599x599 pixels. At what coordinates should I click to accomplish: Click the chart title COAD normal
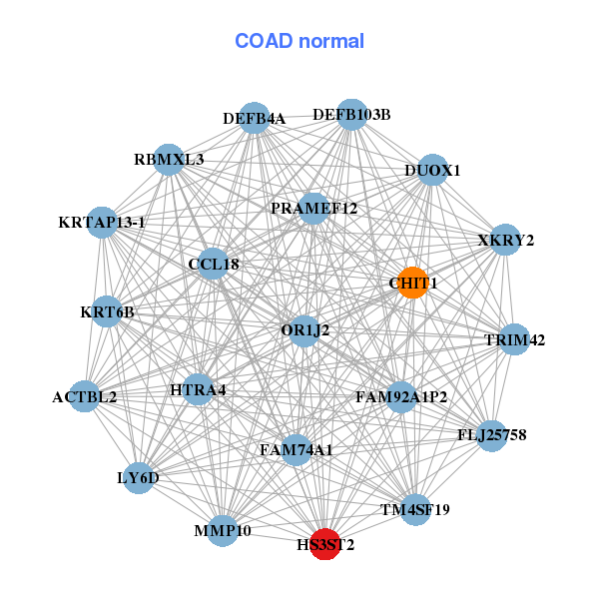[299, 41]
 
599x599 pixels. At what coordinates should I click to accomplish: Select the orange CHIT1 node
[413, 284]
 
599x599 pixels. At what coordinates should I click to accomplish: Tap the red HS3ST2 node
[324, 544]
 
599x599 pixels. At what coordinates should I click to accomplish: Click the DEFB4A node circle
[255, 118]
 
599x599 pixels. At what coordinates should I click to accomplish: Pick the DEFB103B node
[350, 115]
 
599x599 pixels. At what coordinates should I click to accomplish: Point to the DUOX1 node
[432, 170]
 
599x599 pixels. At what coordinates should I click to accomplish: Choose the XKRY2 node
[505, 240]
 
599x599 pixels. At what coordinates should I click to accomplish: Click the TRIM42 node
[514, 339]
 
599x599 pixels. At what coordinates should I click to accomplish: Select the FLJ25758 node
[491, 435]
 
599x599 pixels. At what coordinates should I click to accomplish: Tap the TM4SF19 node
[415, 509]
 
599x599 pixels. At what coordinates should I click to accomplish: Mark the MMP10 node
[223, 530]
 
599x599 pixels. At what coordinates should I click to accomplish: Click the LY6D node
[139, 477]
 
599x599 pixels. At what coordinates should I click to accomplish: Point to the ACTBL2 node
[85, 396]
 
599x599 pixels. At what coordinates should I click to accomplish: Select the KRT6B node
[107, 311]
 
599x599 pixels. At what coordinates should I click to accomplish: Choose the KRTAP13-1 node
[103, 222]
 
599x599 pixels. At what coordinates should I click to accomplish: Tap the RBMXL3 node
[169, 159]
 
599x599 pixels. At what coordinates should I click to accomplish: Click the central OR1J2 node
[305, 329]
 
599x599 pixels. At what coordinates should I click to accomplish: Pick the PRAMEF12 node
[313, 208]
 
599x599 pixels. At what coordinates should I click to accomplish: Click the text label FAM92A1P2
[401, 397]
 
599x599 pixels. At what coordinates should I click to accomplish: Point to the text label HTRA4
[198, 389]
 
